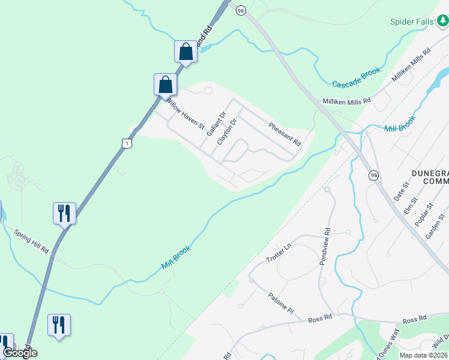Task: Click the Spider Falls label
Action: click(x=411, y=22)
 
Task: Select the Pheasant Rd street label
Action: click(x=284, y=134)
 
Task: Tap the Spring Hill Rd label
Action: click(x=32, y=239)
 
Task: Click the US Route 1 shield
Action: click(x=125, y=143)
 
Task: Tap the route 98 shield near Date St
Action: click(x=374, y=175)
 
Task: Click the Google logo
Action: click(x=20, y=353)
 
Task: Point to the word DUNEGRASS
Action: click(x=430, y=173)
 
